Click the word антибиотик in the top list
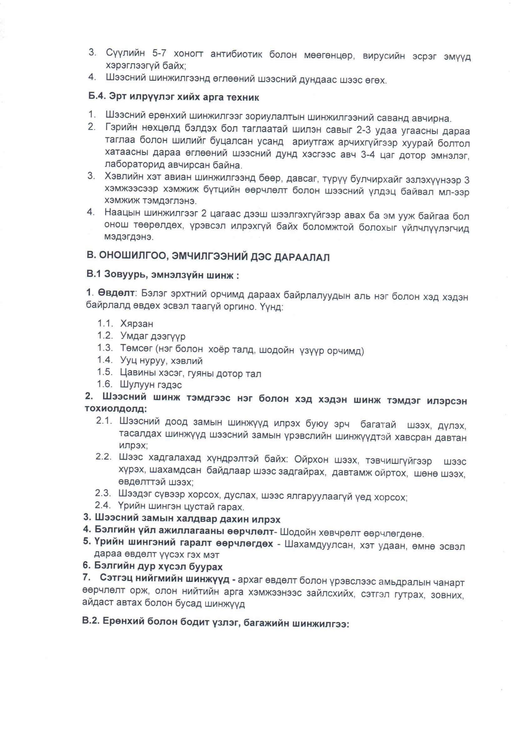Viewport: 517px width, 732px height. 236,54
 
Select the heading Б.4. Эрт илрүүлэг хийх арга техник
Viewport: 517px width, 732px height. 174,97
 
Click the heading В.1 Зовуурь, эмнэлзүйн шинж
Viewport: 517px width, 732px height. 162,275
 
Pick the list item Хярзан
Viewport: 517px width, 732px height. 137,324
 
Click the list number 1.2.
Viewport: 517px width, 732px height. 105,336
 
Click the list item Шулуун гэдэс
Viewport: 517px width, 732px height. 151,385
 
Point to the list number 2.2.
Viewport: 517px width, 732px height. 104,457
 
